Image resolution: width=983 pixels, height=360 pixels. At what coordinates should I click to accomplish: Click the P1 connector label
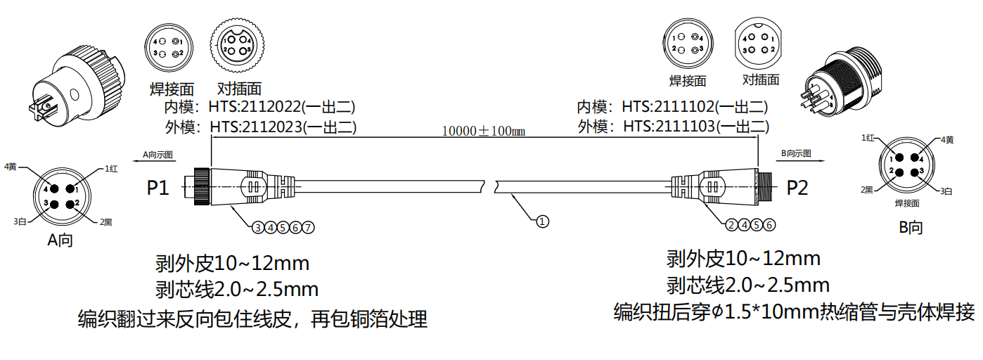[158, 188]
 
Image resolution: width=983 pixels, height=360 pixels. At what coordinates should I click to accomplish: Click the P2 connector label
[797, 188]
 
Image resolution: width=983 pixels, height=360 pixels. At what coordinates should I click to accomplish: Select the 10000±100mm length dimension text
[484, 131]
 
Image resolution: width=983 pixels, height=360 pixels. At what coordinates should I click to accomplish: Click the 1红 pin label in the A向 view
[111, 169]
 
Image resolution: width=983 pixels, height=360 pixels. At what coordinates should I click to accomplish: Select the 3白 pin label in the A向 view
[20, 221]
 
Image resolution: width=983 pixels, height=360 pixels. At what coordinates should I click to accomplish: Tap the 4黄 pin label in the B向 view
[946, 140]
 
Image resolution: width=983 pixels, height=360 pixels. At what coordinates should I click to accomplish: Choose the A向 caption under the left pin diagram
[60, 240]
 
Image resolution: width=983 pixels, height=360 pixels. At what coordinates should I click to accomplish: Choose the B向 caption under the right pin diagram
[911, 227]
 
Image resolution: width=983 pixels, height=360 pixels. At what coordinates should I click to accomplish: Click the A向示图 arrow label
[158, 153]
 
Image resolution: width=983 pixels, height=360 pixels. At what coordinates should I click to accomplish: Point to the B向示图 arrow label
[796, 153]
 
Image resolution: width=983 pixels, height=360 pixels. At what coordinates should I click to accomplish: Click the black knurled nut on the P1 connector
[201, 187]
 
